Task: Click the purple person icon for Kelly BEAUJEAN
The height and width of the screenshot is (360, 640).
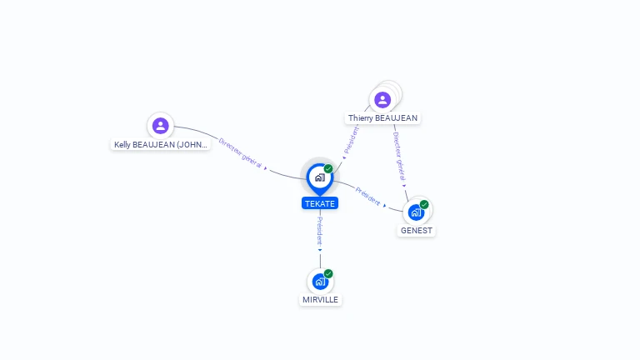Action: point(161,126)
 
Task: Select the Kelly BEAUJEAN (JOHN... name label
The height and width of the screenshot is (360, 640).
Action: point(161,144)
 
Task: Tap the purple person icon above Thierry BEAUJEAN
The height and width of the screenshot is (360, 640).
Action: point(382,100)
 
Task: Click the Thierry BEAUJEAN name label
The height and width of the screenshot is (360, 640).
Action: point(382,118)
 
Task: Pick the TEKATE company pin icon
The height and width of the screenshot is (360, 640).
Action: point(319,177)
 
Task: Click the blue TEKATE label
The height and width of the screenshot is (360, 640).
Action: point(320,203)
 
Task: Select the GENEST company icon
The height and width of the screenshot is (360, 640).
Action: point(416,212)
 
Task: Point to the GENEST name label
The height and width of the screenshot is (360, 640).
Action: point(416,230)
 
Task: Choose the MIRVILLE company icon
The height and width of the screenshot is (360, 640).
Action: point(320,282)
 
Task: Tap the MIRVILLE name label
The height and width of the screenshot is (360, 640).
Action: point(320,299)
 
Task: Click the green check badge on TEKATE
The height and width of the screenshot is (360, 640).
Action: point(328,168)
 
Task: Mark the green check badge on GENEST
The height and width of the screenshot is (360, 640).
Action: point(424,204)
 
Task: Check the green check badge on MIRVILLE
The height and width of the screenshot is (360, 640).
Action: point(328,273)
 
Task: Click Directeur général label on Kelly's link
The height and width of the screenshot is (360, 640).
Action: point(240,152)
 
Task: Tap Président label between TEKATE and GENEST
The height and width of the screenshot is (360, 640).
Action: point(367,196)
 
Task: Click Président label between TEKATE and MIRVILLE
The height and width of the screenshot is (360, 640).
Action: point(320,229)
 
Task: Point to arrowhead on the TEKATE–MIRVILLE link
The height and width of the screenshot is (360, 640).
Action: point(320,249)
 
